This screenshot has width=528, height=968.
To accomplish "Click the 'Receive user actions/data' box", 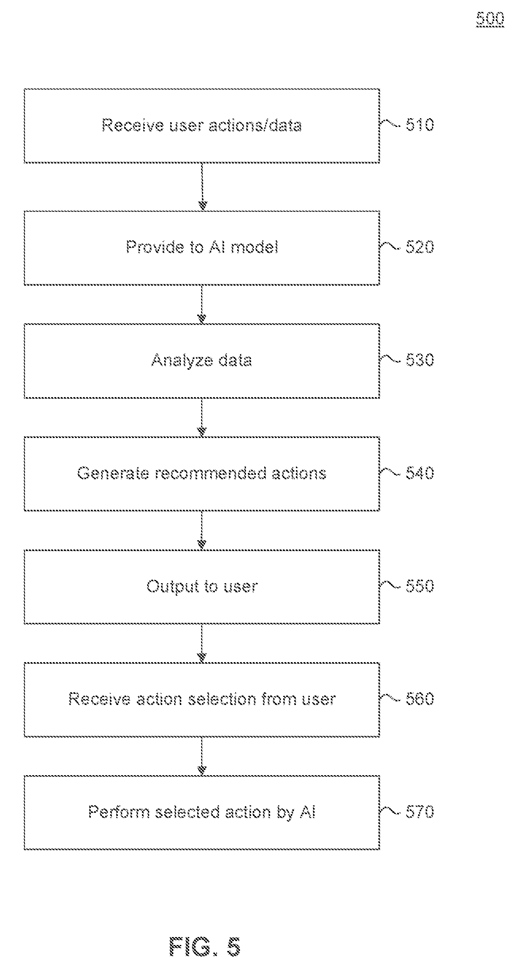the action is coord(202,126).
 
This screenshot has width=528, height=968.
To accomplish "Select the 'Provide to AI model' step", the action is coord(202,248).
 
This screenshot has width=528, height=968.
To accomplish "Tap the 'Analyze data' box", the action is coord(202,361).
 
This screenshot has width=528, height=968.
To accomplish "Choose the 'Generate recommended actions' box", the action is coord(202,474).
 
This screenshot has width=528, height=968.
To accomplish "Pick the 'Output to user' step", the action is coord(202,587).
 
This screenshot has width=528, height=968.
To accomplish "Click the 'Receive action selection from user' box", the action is coord(202,700).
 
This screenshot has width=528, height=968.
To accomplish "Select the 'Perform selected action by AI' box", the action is coord(202,812).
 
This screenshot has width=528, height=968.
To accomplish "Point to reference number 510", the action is coord(420,125).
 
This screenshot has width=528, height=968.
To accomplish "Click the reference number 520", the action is coord(420,247).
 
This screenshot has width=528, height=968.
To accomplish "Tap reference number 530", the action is coord(420,360).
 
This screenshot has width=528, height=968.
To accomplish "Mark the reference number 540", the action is coord(420,473).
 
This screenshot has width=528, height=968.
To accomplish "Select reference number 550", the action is coord(420,586).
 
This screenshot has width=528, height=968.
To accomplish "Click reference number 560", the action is coord(420,699).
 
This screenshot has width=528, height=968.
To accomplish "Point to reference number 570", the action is coord(420,812).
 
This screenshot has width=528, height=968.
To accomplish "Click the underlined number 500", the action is coord(490,19).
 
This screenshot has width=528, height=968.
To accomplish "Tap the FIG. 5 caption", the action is coord(205,947).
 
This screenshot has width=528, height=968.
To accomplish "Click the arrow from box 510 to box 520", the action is coord(202,187).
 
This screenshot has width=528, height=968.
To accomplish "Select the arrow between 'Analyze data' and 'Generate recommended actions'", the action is coord(202,417).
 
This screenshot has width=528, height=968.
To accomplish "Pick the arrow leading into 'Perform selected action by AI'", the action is coord(202,756).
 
